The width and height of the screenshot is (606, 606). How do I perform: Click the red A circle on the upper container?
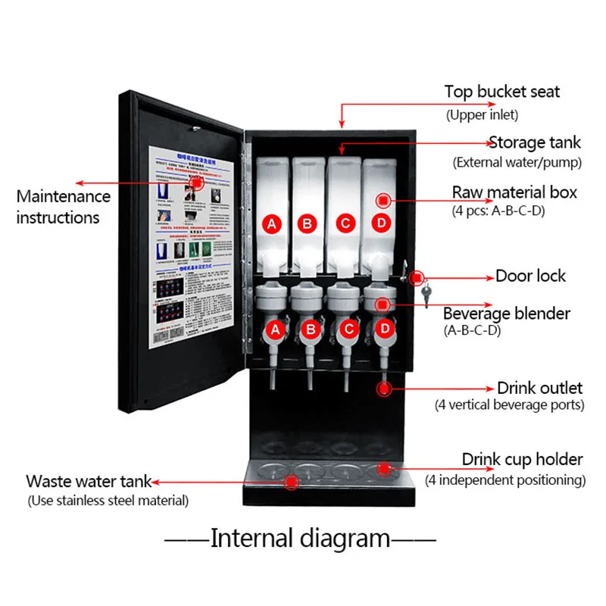point(272,223)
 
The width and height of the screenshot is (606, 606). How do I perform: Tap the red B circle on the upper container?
point(308,223)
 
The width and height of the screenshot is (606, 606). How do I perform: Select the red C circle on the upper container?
point(345,223)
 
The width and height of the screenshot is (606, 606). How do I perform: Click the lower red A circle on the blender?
point(275,330)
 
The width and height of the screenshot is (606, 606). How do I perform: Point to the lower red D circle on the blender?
point(385,330)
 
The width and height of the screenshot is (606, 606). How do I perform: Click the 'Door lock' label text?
point(530,276)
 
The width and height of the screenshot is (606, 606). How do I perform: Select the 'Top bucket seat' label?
point(502,92)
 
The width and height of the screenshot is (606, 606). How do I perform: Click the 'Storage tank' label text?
point(535,142)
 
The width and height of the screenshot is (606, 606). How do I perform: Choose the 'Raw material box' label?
point(514,192)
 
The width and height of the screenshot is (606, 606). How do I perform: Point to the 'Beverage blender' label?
point(507,314)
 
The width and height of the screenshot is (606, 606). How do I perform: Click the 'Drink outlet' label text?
point(539,388)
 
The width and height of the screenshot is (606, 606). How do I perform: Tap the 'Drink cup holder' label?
point(523,460)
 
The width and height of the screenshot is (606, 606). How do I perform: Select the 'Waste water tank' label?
point(89,482)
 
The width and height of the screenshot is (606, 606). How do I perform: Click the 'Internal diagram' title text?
point(300,539)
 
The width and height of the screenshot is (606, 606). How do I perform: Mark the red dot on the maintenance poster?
point(198,183)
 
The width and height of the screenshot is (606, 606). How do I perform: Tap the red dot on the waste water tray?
point(292,480)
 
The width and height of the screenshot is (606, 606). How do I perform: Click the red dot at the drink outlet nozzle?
point(384,389)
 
